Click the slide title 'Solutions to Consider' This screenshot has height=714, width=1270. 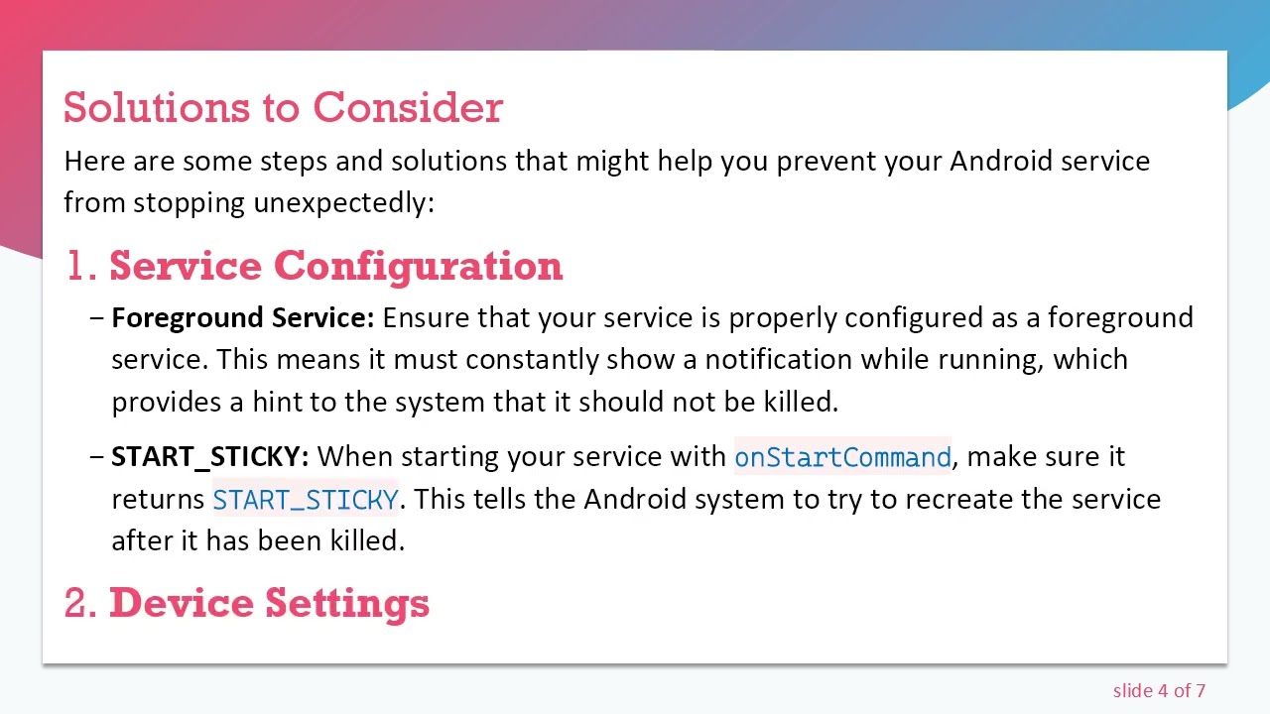[283, 108]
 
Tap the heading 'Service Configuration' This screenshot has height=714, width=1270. [335, 266]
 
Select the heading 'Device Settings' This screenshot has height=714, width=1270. [269, 603]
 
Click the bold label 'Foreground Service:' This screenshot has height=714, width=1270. [243, 317]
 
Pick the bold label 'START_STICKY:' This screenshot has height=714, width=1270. [210, 456]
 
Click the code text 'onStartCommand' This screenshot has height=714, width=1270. [842, 457]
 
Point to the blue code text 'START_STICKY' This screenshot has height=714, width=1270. [306, 499]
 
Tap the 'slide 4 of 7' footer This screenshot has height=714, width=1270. [1159, 690]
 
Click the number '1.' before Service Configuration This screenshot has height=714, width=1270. [79, 266]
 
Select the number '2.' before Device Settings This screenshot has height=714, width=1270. [79, 603]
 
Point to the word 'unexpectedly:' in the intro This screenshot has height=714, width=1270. [343, 203]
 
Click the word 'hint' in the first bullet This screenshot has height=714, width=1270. [277, 402]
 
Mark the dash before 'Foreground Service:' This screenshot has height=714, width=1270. [96, 318]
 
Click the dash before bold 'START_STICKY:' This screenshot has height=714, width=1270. [96, 457]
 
